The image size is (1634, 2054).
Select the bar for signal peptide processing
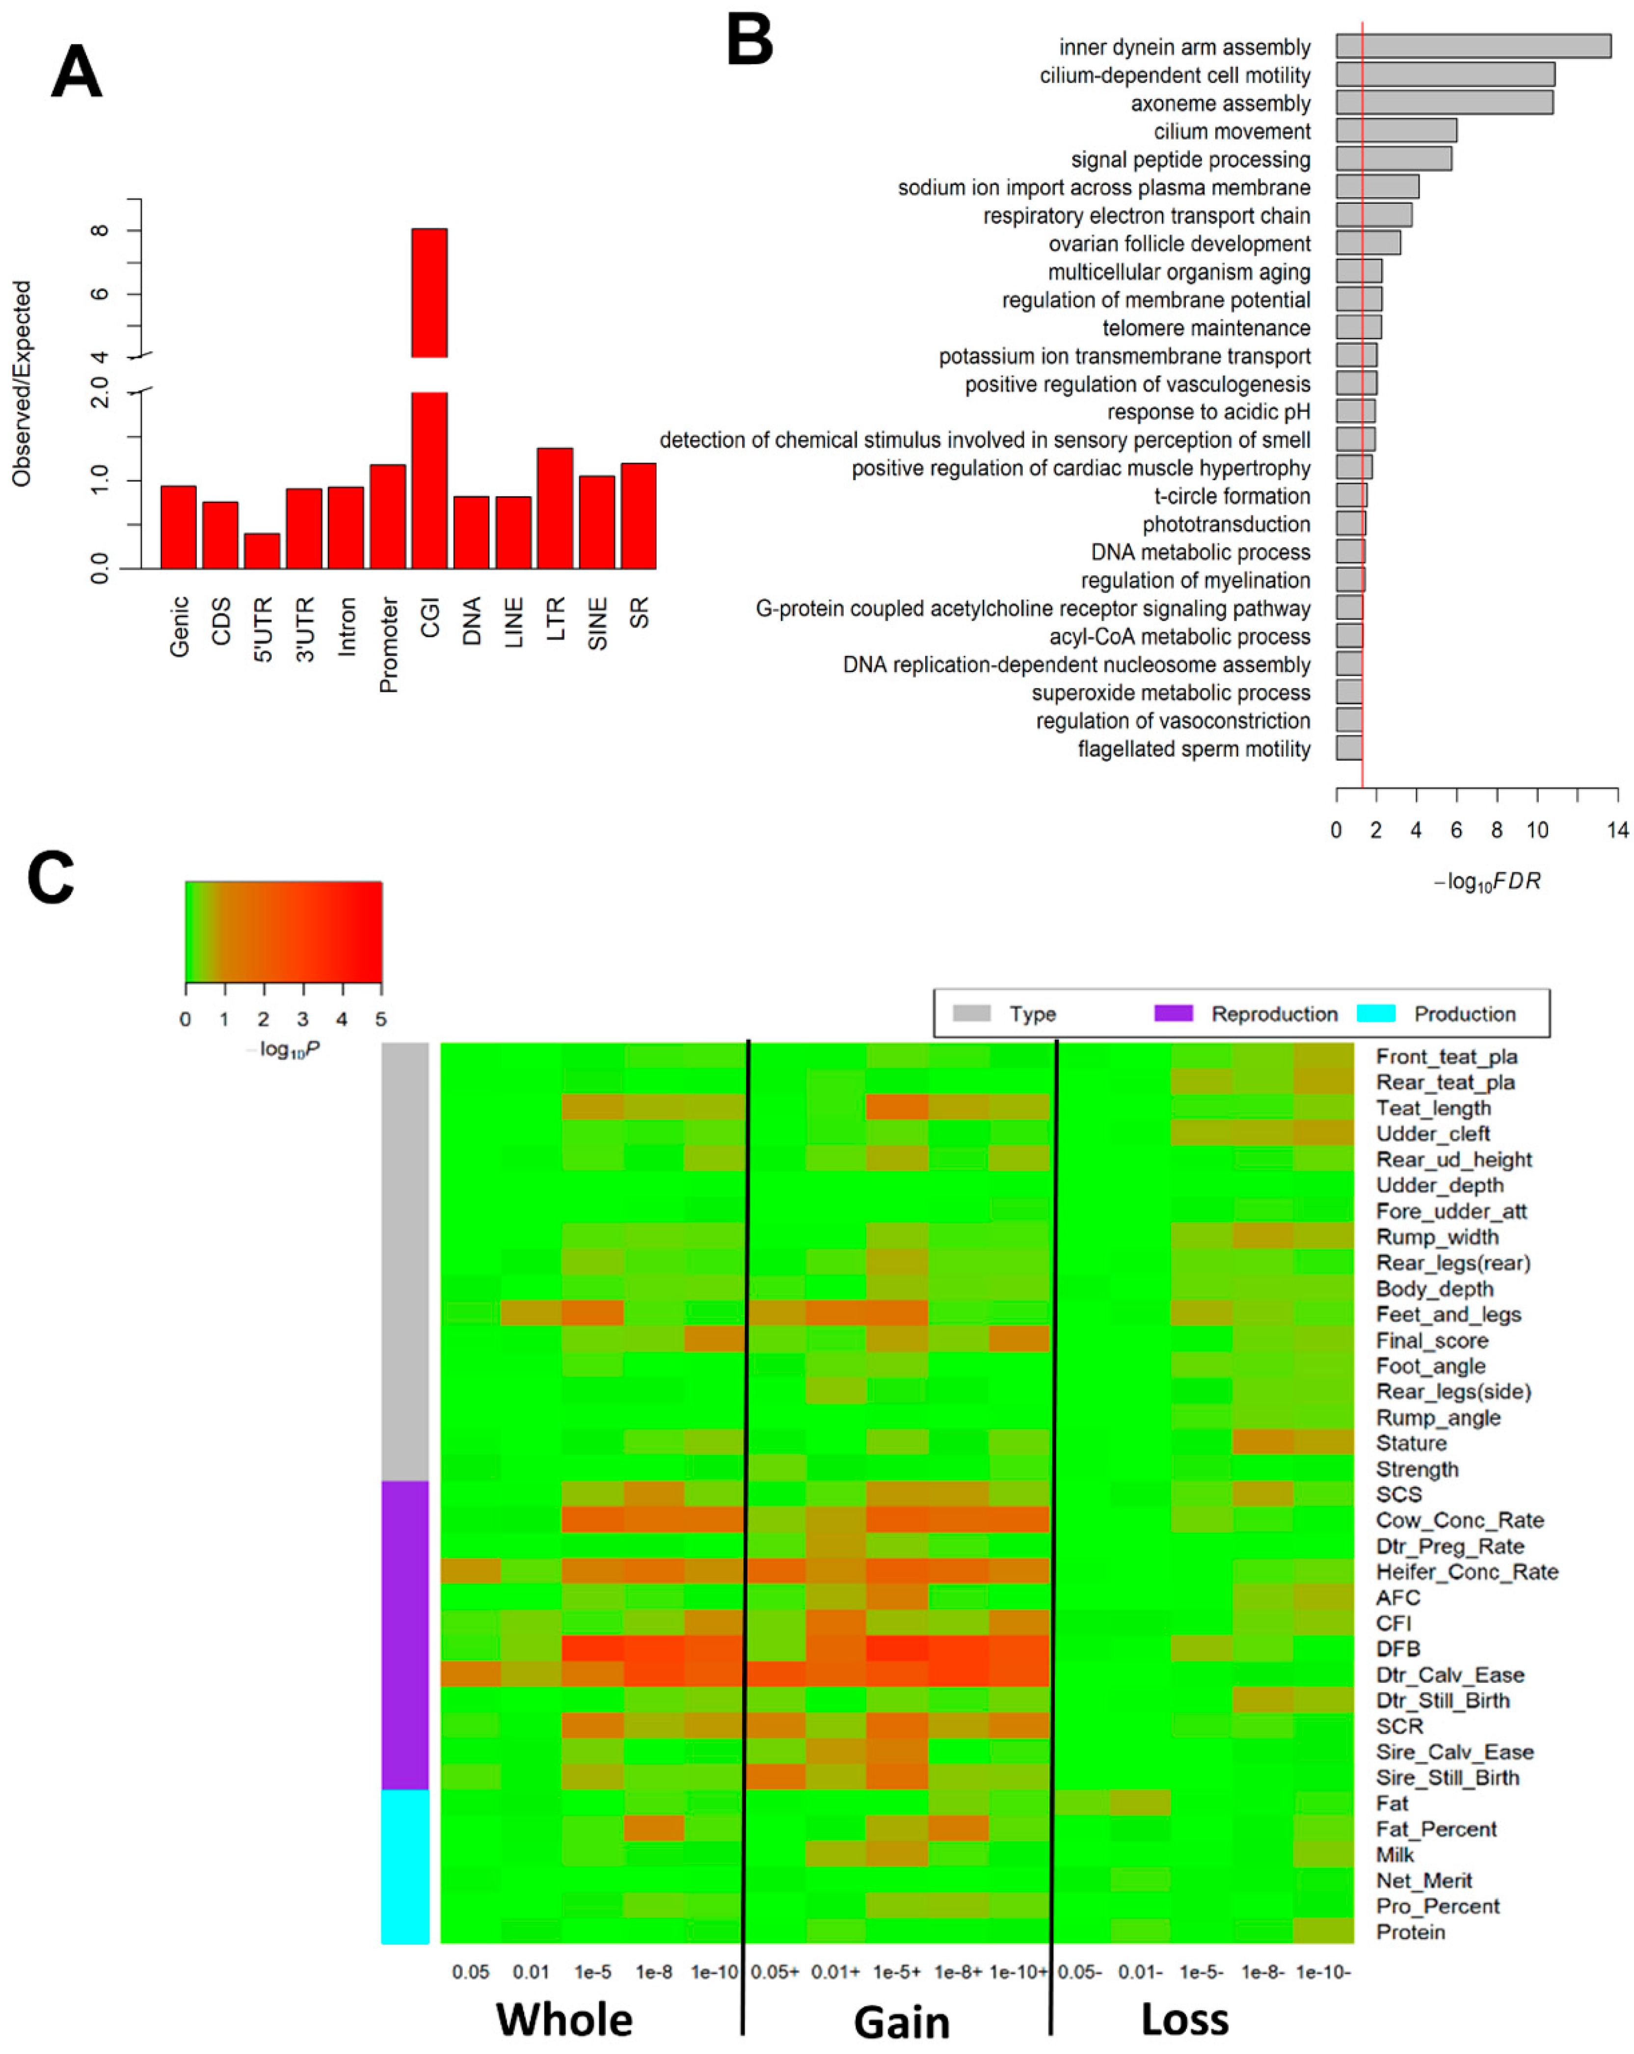[1393, 159]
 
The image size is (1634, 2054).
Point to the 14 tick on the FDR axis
[1617, 830]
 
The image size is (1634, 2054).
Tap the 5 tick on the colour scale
[381, 1019]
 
